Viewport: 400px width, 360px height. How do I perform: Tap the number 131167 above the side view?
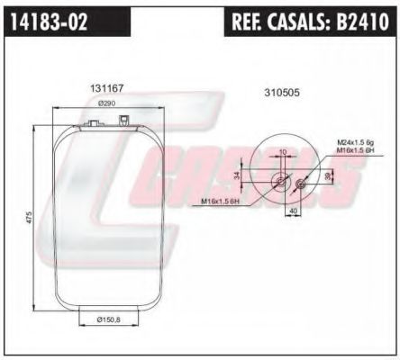(x=106, y=88)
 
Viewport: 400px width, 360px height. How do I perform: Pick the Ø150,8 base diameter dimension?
(x=110, y=319)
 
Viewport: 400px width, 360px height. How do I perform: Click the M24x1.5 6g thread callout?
(x=356, y=142)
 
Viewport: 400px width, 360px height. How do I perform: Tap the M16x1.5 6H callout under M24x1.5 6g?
(x=356, y=151)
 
